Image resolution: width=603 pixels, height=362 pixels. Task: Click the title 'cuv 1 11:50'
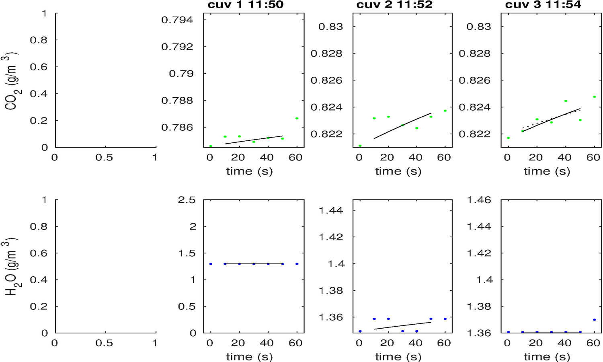(x=245, y=5)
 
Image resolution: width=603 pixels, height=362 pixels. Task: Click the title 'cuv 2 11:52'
(x=394, y=5)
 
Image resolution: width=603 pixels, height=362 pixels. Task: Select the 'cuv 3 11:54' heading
(x=543, y=5)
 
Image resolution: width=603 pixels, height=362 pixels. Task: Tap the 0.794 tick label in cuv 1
(x=177, y=20)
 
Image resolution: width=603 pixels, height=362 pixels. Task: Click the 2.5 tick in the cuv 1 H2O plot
(x=187, y=200)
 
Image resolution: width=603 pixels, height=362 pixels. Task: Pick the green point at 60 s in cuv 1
(x=297, y=118)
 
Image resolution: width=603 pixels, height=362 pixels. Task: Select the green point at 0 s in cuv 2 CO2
(x=360, y=146)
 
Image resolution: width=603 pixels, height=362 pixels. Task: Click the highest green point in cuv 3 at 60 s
(x=594, y=97)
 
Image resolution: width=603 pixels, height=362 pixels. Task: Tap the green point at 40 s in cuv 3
(x=566, y=101)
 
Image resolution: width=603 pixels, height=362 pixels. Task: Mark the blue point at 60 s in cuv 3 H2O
(x=594, y=320)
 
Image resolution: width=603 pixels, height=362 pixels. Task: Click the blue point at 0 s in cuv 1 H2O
(x=211, y=264)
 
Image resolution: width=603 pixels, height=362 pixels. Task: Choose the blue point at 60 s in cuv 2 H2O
(x=445, y=319)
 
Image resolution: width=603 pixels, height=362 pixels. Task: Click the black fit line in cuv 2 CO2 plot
(x=402, y=126)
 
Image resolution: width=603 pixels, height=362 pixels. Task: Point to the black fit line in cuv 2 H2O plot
(x=402, y=326)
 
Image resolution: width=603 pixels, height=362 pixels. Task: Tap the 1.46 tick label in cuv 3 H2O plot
(x=479, y=200)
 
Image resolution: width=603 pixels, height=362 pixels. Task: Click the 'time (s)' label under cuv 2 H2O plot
(x=398, y=357)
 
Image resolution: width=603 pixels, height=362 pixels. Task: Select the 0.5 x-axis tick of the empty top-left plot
(x=104, y=158)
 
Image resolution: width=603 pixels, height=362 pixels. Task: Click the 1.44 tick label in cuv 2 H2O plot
(x=331, y=210)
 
